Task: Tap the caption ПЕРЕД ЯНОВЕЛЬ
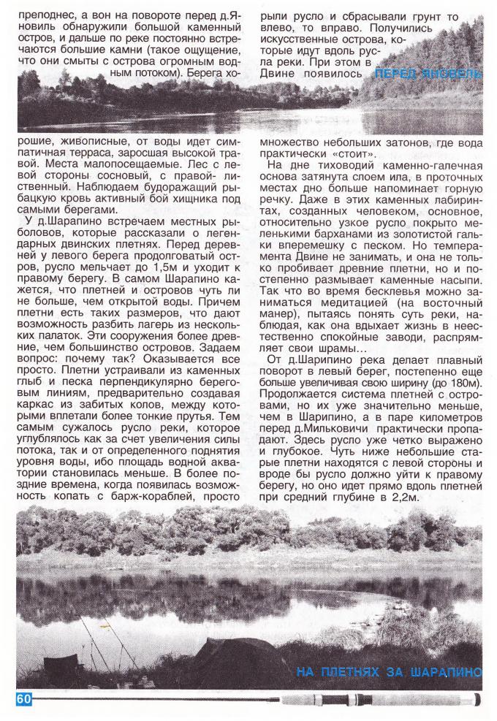(x=427, y=74)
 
